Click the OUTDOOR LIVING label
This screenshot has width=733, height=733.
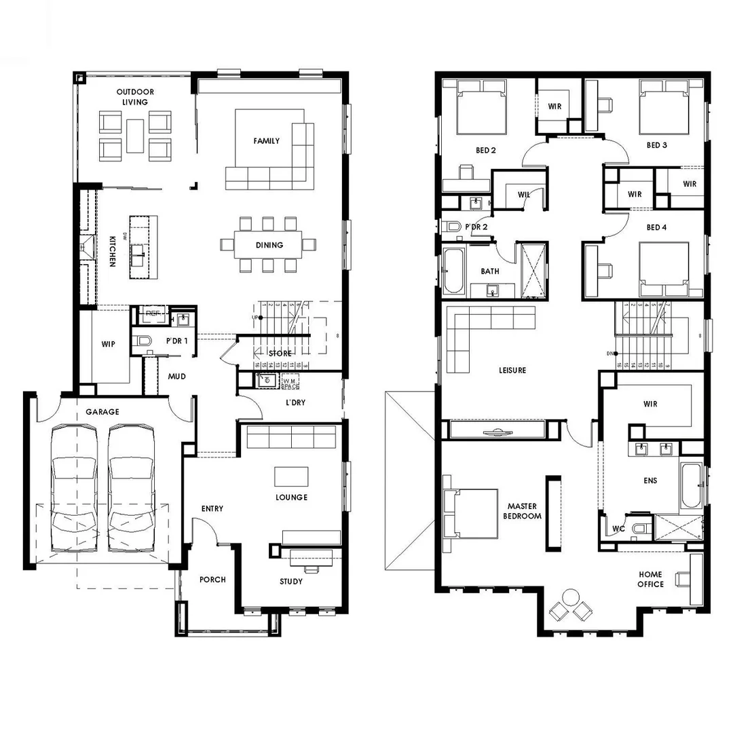(135, 97)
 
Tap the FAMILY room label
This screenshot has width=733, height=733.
(267, 141)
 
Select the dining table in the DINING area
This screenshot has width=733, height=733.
(269, 245)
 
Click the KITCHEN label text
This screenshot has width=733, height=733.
(113, 251)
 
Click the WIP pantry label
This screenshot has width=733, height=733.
(107, 344)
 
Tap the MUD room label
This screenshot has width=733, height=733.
(177, 376)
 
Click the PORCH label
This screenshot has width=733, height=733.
(212, 580)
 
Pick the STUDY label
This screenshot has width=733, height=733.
(291, 582)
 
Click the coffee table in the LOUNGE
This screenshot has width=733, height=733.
(291, 476)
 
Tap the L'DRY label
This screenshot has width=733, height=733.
(295, 402)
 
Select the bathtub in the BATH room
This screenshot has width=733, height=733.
(451, 270)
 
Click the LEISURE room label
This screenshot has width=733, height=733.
(512, 371)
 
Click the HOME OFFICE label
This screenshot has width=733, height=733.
(650, 579)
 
